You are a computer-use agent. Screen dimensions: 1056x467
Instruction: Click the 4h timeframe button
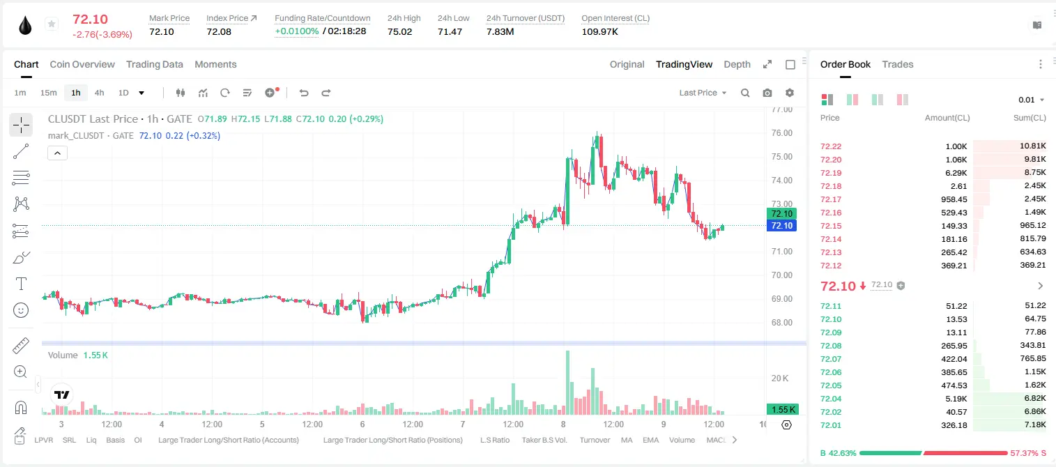pyautogui.click(x=99, y=93)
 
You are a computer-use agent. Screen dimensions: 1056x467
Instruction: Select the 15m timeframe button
pyautogui.click(x=48, y=93)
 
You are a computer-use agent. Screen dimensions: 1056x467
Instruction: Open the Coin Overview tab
pyautogui.click(x=82, y=64)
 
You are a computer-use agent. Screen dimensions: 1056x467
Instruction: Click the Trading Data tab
pyautogui.click(x=154, y=64)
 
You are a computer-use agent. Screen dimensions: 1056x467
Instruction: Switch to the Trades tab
pyautogui.click(x=898, y=64)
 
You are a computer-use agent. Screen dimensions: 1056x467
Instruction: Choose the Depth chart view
pyautogui.click(x=737, y=64)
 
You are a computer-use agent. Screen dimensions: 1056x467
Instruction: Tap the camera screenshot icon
pyautogui.click(x=767, y=93)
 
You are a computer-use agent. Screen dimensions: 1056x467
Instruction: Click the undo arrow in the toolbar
pyautogui.click(x=304, y=93)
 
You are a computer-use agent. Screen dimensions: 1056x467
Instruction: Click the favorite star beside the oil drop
pyautogui.click(x=52, y=24)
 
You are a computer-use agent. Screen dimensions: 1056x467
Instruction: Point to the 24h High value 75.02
pyautogui.click(x=400, y=31)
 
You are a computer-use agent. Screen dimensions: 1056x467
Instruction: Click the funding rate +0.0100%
pyautogui.click(x=297, y=31)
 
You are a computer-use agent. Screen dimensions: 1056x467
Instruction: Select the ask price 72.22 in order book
pyautogui.click(x=831, y=146)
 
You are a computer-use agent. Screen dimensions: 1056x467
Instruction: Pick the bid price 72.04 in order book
pyautogui.click(x=831, y=399)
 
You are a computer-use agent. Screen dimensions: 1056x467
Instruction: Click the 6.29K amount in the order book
pyautogui.click(x=956, y=173)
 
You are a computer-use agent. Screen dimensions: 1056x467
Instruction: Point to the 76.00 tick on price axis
pyautogui.click(x=781, y=133)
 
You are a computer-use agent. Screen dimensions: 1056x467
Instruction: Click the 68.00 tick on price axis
pyautogui.click(x=781, y=322)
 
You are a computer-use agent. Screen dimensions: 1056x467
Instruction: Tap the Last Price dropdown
pyautogui.click(x=703, y=93)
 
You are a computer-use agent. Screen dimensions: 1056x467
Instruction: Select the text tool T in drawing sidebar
pyautogui.click(x=21, y=284)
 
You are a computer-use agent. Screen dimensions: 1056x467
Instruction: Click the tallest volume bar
pyautogui.click(x=567, y=383)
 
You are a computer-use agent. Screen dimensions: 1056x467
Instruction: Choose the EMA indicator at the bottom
pyautogui.click(x=650, y=440)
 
